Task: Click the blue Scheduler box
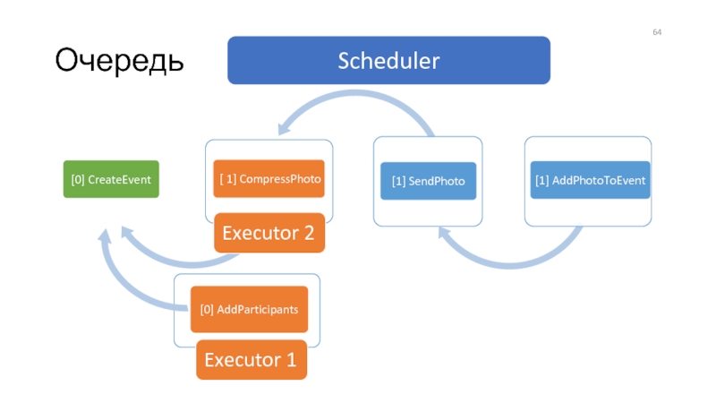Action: (x=388, y=60)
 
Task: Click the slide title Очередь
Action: (x=119, y=60)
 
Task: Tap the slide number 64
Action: (x=657, y=32)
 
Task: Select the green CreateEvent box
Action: (x=111, y=179)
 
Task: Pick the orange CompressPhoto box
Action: (x=269, y=178)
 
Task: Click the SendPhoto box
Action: (x=429, y=181)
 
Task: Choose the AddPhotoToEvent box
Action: (x=590, y=180)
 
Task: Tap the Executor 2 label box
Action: (x=269, y=233)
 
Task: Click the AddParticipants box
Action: (x=250, y=309)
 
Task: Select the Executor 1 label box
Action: (x=251, y=360)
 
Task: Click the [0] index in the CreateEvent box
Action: (x=78, y=180)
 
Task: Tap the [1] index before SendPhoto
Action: (x=398, y=182)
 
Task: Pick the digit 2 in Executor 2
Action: (x=309, y=233)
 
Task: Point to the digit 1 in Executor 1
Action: (x=291, y=360)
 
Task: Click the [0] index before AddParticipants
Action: (x=207, y=310)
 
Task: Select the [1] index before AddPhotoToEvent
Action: (x=542, y=181)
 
